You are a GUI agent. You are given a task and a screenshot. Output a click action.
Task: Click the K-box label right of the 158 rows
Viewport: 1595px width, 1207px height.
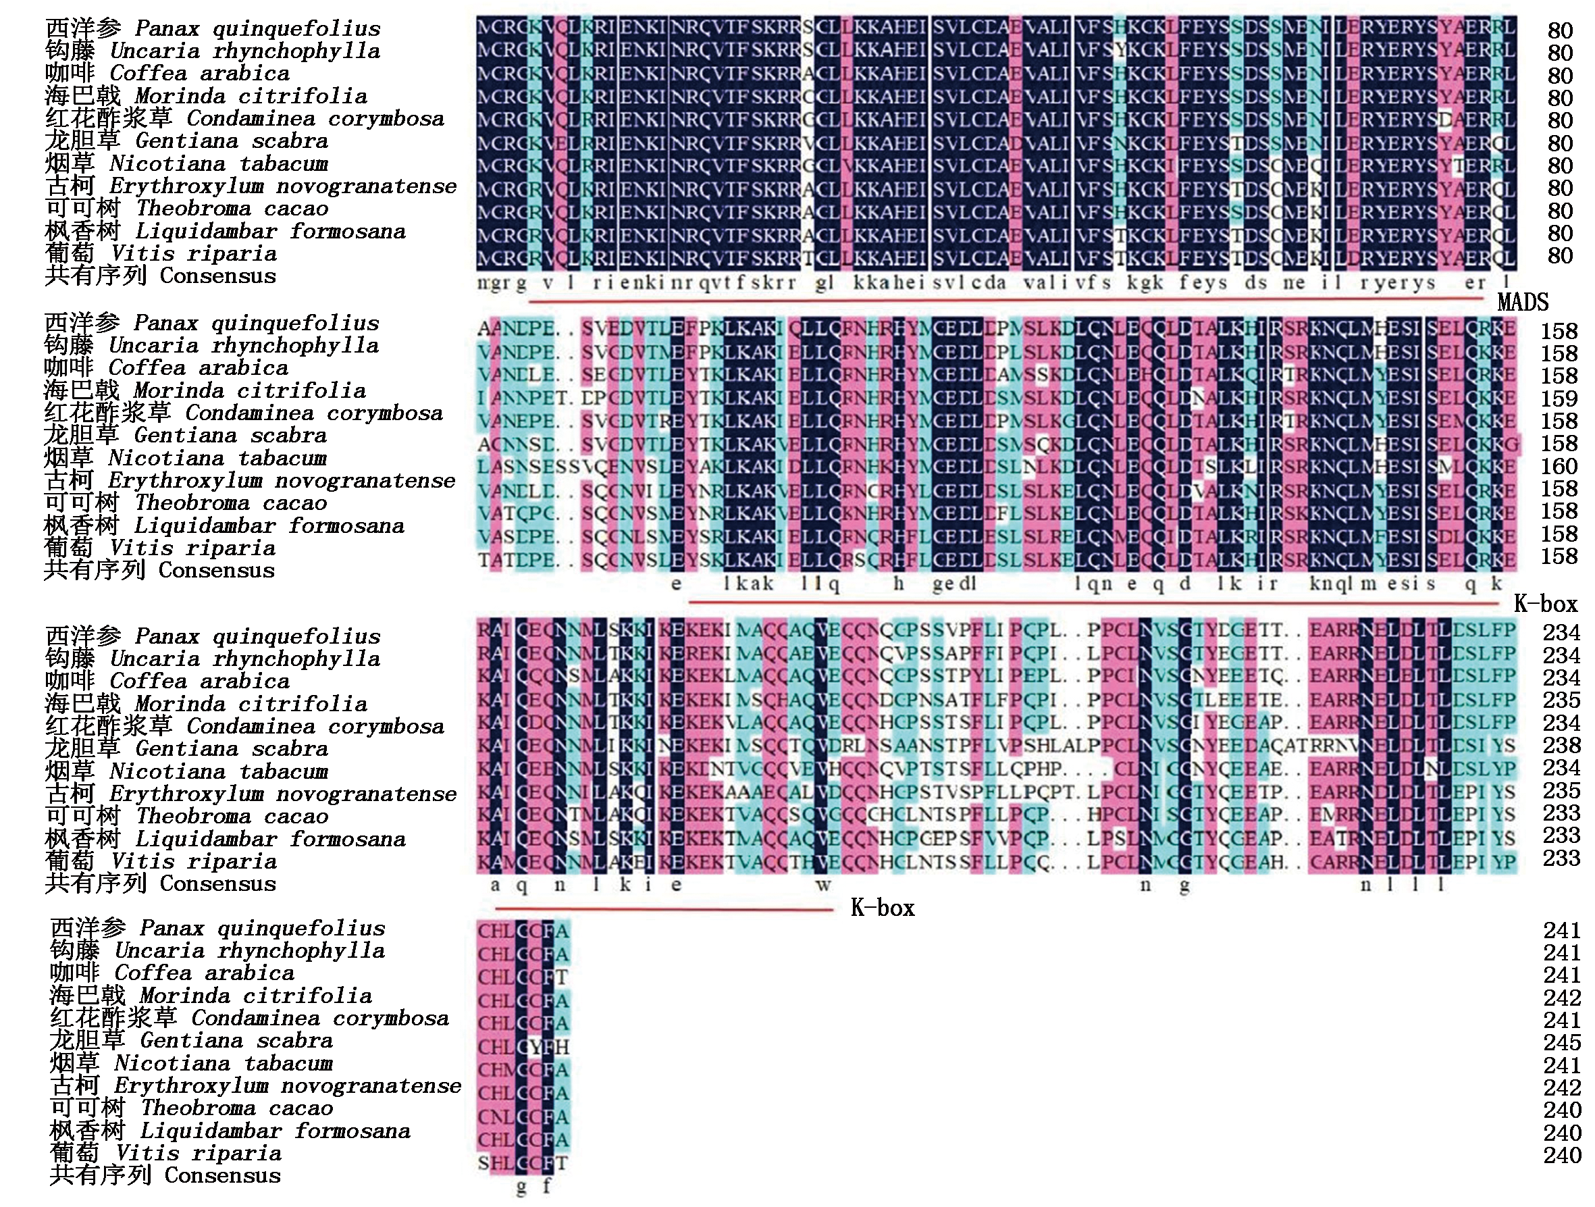[x=1545, y=604]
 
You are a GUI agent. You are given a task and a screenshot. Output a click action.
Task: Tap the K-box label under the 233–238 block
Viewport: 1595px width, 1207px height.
[x=883, y=907]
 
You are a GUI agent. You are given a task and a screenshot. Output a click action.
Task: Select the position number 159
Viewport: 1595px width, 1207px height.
[x=1559, y=399]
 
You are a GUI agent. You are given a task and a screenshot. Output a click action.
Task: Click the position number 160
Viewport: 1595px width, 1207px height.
[x=1559, y=467]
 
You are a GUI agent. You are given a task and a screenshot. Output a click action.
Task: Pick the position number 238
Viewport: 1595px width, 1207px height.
[x=1561, y=746]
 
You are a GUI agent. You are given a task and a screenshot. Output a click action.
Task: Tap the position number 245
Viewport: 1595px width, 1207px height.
[x=1562, y=1042]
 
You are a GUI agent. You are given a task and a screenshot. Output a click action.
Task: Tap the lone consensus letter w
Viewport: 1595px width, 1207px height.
[x=823, y=885]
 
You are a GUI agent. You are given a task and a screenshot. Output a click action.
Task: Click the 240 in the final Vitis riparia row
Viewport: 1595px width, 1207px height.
[x=1562, y=1155]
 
